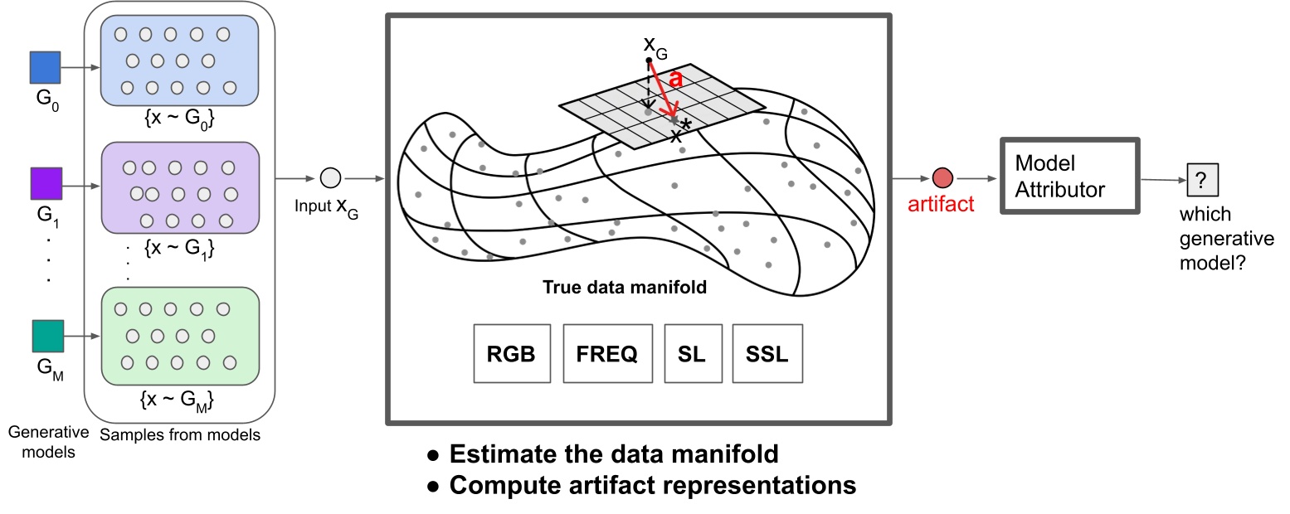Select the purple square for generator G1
click(45, 184)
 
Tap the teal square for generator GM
click(47, 337)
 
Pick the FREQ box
click(606, 353)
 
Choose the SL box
click(691, 353)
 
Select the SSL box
click(767, 353)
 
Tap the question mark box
click(1200, 178)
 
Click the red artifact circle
click(942, 177)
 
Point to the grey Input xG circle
click(330, 178)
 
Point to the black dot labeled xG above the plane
click(649, 61)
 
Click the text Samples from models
click(180, 434)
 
